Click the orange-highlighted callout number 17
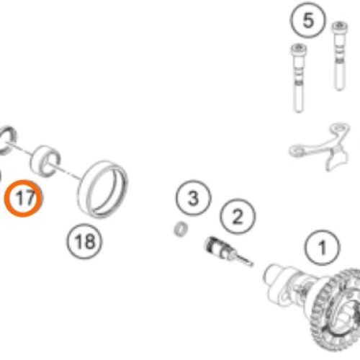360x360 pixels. (x=23, y=198)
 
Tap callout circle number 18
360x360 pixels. (x=84, y=241)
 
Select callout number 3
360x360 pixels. (x=194, y=198)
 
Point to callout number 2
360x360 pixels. (x=238, y=217)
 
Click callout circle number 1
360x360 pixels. (x=323, y=248)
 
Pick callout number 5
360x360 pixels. (x=308, y=20)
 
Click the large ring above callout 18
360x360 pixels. (x=103, y=189)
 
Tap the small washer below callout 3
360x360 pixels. (x=181, y=229)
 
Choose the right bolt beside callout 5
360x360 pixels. (x=339, y=56)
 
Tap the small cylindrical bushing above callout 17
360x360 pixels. (x=45, y=161)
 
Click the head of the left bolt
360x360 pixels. (x=299, y=49)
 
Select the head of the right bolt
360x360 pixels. (x=340, y=27)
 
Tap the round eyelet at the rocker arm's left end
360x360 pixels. (x=296, y=150)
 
